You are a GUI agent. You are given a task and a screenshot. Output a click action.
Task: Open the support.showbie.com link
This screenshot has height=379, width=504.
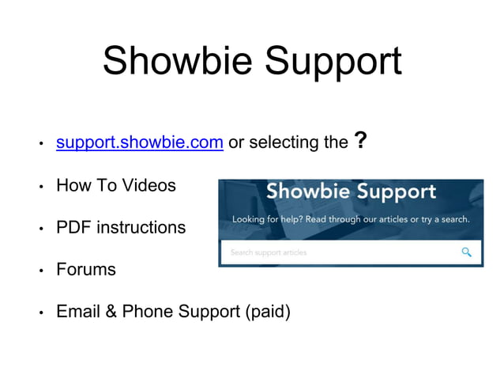point(140,143)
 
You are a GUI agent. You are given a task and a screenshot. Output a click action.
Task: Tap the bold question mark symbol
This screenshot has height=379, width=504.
point(360,142)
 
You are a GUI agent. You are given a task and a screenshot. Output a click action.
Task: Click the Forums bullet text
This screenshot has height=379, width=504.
point(85,270)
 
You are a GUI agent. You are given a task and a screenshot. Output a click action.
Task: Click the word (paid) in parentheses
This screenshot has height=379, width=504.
point(268,313)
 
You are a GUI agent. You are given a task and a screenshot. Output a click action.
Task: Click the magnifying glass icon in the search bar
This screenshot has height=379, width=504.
point(467,252)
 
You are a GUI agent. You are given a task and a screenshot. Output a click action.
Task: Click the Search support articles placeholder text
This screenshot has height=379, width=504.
point(269,253)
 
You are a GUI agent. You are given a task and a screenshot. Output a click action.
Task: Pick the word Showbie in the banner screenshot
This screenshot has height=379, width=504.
point(307,192)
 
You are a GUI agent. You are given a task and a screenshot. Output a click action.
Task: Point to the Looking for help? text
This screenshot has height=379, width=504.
point(265,219)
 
